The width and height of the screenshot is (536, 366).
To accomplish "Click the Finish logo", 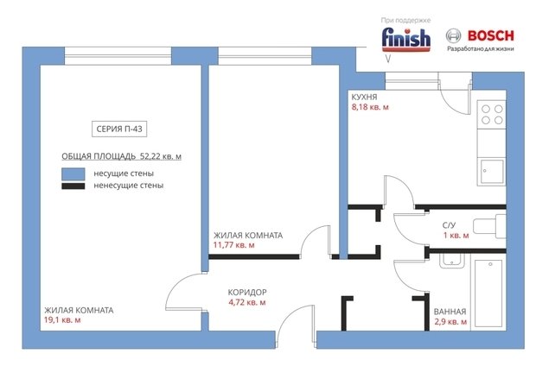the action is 405,39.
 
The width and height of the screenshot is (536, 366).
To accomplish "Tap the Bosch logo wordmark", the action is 490,35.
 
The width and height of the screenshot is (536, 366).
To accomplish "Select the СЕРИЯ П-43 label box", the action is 119,129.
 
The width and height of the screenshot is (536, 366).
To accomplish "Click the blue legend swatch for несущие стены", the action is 73,174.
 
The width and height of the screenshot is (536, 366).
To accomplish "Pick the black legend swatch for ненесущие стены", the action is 73,186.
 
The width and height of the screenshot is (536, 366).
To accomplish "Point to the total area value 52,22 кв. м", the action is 161,156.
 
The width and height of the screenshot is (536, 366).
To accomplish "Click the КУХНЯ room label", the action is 365,97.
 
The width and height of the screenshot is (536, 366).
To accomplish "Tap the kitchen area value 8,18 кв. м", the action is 370,107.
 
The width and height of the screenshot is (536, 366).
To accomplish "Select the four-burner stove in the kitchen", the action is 492,114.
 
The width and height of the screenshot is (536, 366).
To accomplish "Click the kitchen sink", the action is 492,172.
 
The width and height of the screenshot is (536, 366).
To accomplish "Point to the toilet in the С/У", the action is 489,226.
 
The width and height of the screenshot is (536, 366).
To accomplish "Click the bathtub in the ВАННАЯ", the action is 488,294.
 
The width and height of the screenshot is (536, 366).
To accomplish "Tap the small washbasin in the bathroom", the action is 451,261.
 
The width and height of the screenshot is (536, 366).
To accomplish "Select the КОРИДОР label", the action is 247,293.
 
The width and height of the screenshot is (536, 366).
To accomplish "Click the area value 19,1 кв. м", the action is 62,320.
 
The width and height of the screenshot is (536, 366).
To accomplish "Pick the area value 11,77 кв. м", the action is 233,245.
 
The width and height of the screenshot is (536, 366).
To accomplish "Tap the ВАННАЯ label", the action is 450,312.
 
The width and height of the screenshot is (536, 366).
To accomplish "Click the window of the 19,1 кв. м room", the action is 118,55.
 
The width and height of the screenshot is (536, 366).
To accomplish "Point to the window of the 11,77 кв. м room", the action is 265,55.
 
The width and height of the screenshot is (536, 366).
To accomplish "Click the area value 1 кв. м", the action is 456,236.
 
